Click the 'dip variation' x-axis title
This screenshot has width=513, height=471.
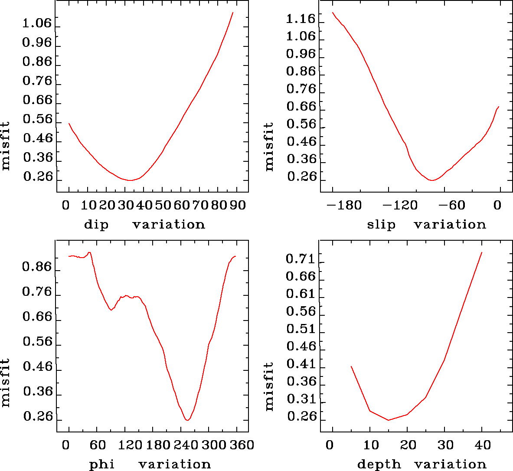[x=144, y=225]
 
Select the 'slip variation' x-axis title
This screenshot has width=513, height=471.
[x=426, y=225]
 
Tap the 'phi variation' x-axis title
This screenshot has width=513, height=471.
[x=150, y=464]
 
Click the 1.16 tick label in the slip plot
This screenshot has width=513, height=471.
[x=301, y=19]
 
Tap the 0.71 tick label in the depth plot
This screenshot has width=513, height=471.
[x=301, y=259]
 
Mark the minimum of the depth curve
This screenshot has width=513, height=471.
[x=389, y=420]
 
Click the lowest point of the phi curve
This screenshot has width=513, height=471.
[x=187, y=420]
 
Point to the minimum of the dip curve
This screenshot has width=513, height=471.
[x=130, y=180]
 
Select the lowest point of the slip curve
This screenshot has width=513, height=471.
[x=431, y=180]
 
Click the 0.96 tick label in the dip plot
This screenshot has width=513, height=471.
[x=37, y=43]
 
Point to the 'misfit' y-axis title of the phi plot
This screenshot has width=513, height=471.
[x=5, y=382]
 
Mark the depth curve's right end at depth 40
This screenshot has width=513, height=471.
[x=481, y=252]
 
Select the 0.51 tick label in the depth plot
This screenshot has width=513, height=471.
[x=301, y=329]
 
